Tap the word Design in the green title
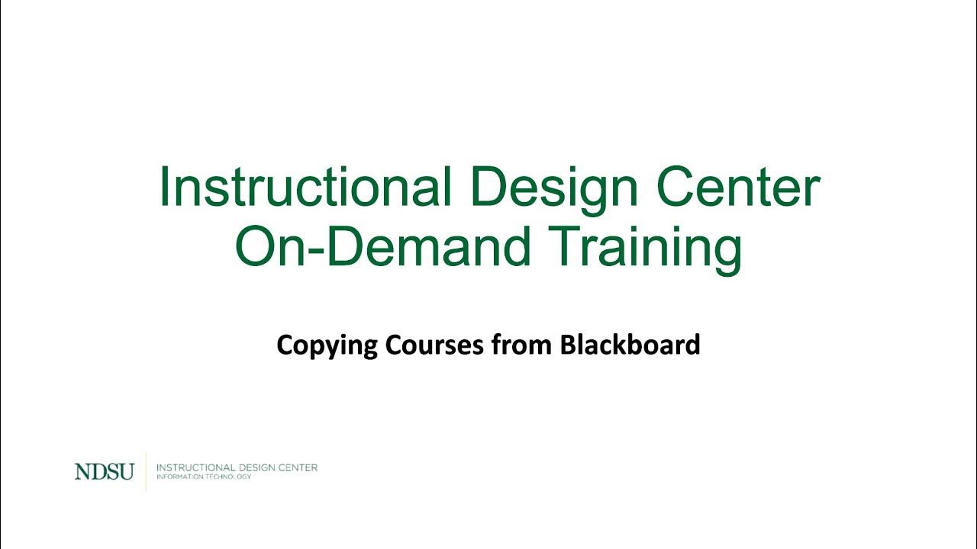click(x=548, y=188)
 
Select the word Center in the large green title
click(x=738, y=188)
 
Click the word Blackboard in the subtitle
click(x=630, y=345)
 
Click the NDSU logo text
click(x=104, y=472)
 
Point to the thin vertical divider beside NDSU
click(x=146, y=471)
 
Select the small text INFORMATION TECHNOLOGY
click(x=203, y=477)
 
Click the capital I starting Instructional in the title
click(x=163, y=188)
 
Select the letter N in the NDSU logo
click(x=81, y=472)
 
